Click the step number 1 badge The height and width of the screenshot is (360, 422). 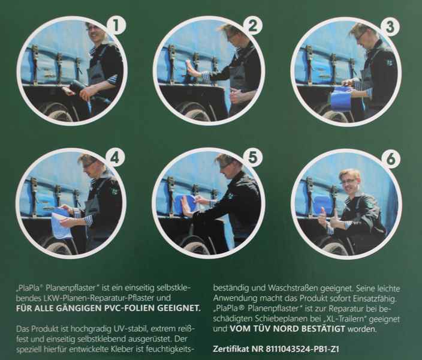click(x=116, y=26)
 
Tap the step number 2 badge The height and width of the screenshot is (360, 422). click(x=253, y=26)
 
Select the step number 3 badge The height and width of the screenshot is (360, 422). click(x=390, y=27)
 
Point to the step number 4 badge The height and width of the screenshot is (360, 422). click(x=115, y=158)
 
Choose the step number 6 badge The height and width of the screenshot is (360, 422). click(x=391, y=159)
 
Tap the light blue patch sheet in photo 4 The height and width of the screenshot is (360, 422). click(x=62, y=223)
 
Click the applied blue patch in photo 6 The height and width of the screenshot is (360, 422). click(x=322, y=205)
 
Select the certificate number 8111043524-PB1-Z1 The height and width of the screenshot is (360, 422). click(x=303, y=349)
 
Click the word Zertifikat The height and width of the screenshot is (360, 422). click(x=231, y=349)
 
